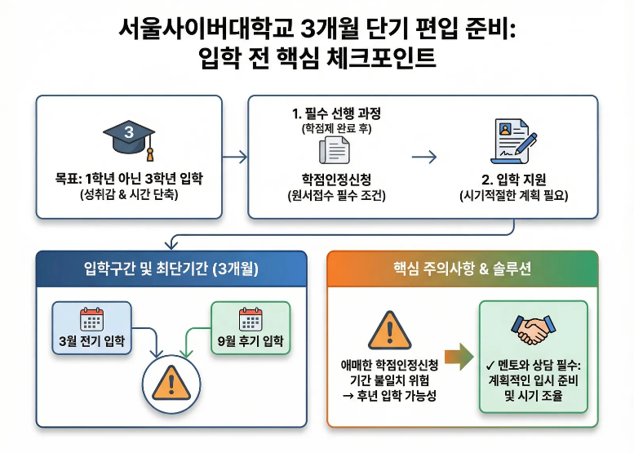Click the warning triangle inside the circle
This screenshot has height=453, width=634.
(x=171, y=381)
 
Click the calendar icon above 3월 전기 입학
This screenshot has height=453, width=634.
(x=92, y=319)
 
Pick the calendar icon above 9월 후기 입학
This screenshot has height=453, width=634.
(x=250, y=319)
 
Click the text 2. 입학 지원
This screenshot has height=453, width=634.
(x=514, y=178)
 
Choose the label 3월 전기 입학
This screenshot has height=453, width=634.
(x=92, y=340)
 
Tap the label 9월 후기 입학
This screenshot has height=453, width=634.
(x=250, y=340)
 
